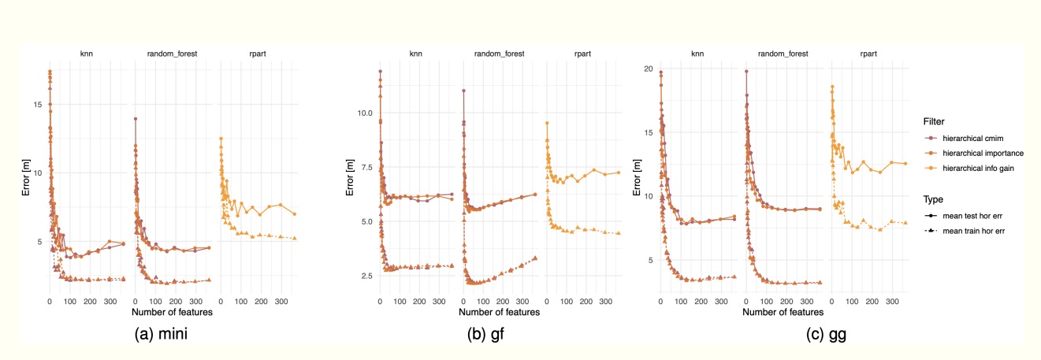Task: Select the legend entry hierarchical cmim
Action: pyautogui.click(x=970, y=138)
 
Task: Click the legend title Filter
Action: pyautogui.click(x=935, y=121)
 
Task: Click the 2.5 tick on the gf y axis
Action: pyautogui.click(x=365, y=276)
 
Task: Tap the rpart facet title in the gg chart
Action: pyautogui.click(x=869, y=54)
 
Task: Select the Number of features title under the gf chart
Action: pyautogui.click(x=499, y=313)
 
